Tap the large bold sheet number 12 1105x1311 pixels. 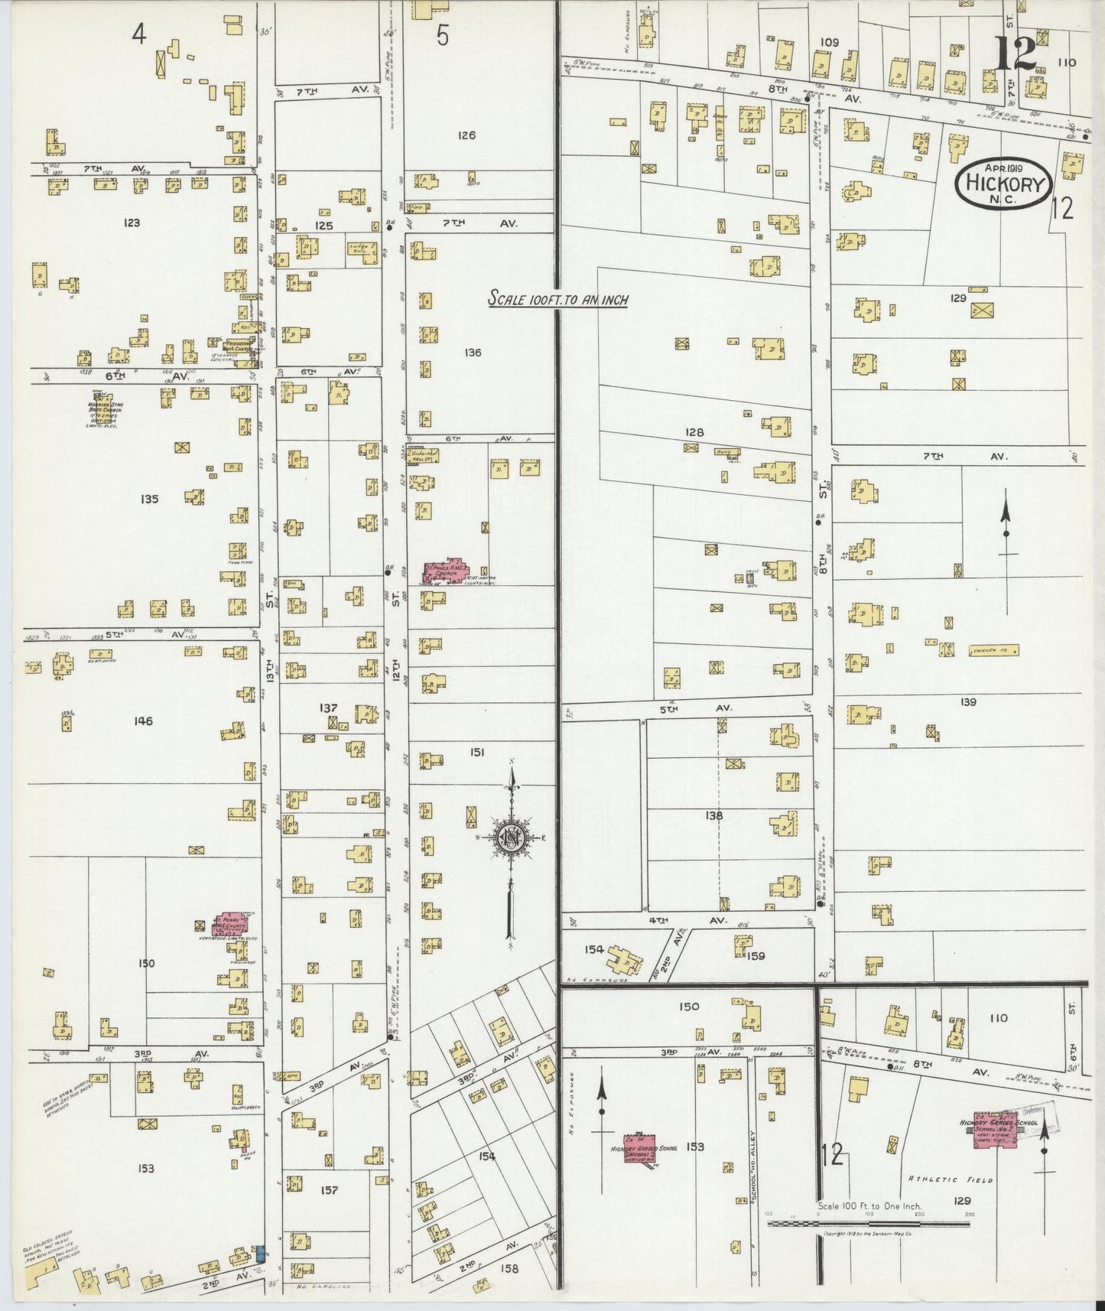click(1015, 53)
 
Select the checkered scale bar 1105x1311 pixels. click(868, 1224)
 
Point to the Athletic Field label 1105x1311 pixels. click(951, 1180)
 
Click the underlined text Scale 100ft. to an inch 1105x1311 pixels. click(558, 300)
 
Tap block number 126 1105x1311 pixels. click(466, 135)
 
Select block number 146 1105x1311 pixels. click(143, 721)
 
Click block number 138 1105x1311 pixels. click(713, 815)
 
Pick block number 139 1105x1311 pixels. click(968, 701)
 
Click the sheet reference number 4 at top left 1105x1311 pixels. click(138, 34)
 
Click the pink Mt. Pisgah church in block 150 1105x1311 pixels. click(230, 923)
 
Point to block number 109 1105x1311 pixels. click(829, 42)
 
